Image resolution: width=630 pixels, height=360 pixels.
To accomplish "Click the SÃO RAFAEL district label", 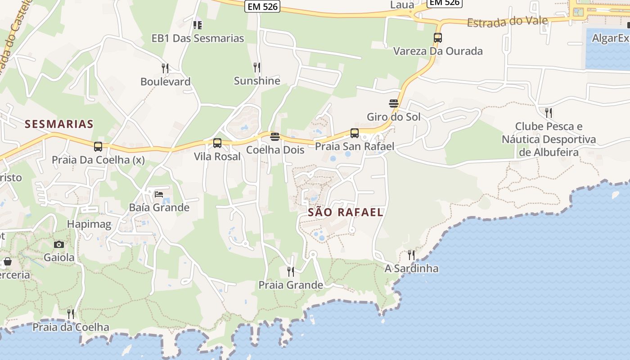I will click(x=346, y=212).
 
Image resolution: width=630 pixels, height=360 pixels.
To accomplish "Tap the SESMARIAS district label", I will click(x=59, y=124).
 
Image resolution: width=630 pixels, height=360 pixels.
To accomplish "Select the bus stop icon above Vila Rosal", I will click(x=217, y=143).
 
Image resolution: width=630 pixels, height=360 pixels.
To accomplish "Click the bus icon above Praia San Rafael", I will click(x=355, y=133).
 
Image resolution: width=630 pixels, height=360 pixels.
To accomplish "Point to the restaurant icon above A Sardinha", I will click(x=411, y=255).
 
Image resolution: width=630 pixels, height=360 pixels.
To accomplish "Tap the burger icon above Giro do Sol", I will click(x=394, y=103).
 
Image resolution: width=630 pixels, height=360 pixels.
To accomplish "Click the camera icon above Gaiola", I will click(x=59, y=244).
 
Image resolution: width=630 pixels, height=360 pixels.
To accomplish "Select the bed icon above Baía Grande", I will click(x=159, y=194).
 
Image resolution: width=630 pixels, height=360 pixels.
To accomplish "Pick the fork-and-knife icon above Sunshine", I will click(x=257, y=67).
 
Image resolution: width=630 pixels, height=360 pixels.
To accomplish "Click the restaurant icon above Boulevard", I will click(x=165, y=68).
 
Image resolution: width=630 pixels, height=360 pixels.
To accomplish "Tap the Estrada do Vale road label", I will click(x=507, y=21).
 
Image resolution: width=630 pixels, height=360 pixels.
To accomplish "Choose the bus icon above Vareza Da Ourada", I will click(x=438, y=38).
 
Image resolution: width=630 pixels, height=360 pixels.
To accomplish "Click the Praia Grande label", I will click(x=291, y=285).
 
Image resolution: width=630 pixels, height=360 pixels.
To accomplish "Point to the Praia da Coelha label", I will click(x=71, y=327).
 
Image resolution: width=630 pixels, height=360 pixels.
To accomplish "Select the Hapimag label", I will click(x=89, y=224).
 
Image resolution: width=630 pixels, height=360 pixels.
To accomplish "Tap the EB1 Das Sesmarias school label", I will click(x=198, y=38).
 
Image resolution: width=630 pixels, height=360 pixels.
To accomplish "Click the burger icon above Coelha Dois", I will click(x=275, y=136).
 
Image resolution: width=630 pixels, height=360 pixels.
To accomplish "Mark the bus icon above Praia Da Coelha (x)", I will click(x=98, y=146).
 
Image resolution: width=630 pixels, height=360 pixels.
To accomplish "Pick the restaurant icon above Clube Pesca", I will click(x=548, y=112).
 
